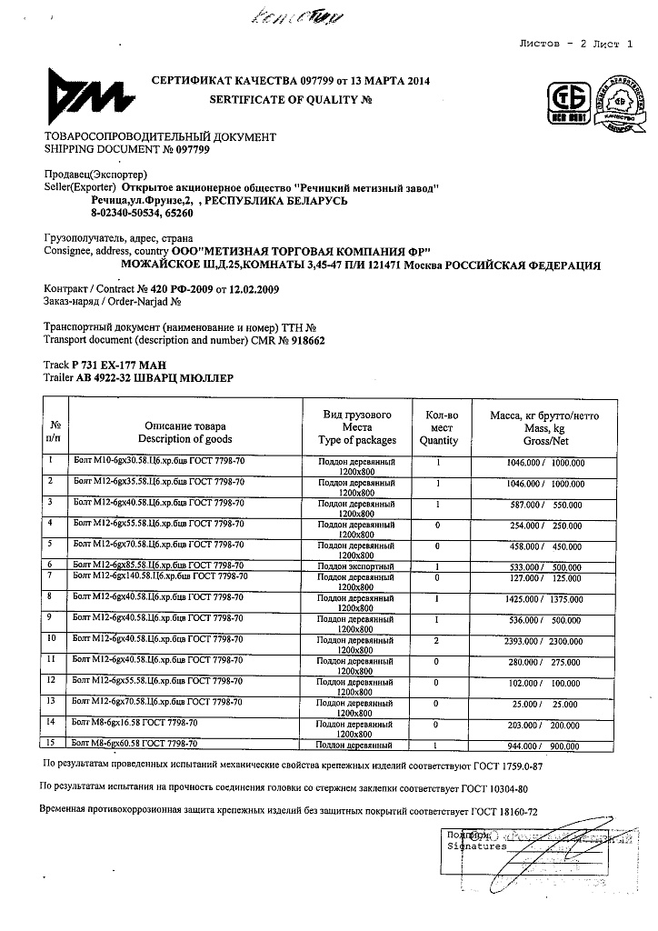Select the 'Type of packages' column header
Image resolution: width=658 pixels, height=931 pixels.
coord(357,440)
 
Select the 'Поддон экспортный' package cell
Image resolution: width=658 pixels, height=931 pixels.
coord(356,565)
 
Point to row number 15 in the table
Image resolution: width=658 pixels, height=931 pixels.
coord(55,745)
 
